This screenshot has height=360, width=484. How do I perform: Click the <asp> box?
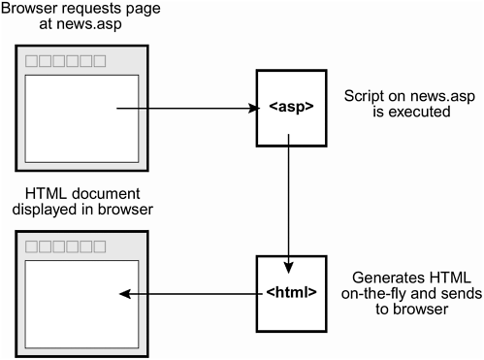coord(288,109)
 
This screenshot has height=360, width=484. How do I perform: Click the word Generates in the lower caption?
coord(377,276)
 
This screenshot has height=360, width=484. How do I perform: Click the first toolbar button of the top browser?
coord(32,60)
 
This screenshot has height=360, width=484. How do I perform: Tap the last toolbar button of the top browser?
coord(99,60)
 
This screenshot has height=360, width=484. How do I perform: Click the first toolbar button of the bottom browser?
coord(32,245)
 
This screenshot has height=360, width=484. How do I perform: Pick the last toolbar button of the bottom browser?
coord(99,245)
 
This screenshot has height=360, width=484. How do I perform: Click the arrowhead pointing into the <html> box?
coord(288,249)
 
